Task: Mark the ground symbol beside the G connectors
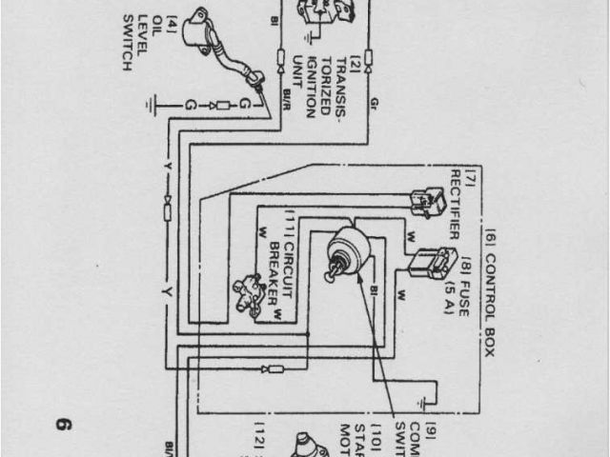coord(156,103)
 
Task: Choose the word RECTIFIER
coord(455,204)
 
